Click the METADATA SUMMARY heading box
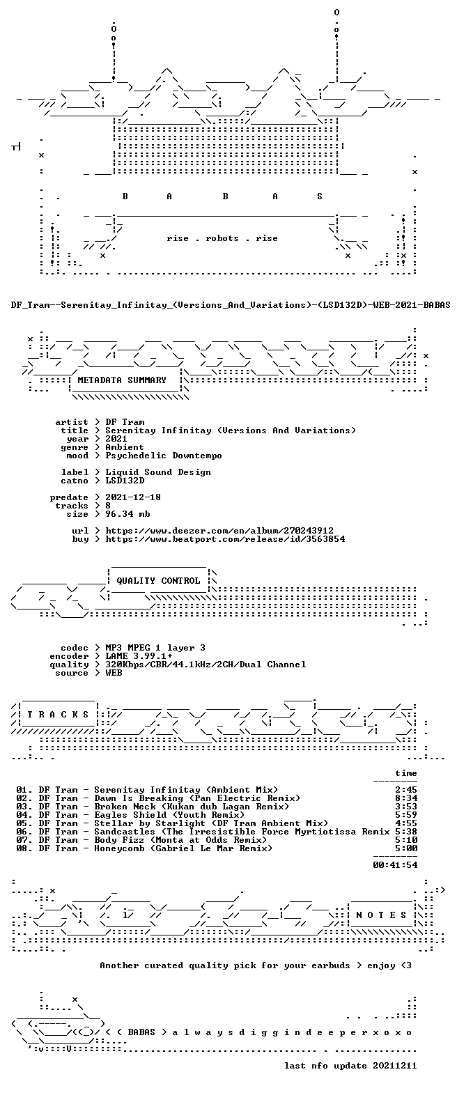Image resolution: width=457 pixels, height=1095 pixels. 122,380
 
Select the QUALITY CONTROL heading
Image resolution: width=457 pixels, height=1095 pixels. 158,581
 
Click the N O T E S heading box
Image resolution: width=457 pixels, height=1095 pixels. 381,915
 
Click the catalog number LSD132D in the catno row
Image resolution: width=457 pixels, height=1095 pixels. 125,481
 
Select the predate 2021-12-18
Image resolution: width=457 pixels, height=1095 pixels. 133,497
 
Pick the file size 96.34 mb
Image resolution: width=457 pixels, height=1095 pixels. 127,514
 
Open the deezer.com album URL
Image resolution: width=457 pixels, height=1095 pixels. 219,530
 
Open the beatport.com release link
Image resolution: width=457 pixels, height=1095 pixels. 225,538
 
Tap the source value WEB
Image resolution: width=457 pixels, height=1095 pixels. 114,673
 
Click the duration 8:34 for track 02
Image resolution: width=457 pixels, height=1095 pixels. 406,798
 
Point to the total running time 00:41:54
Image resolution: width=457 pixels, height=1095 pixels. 395,864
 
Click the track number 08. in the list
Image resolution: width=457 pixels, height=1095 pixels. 24,848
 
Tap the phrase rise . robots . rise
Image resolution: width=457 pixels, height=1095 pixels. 222,238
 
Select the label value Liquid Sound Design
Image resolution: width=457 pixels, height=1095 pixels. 158,472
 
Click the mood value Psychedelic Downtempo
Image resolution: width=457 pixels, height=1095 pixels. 164,456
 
